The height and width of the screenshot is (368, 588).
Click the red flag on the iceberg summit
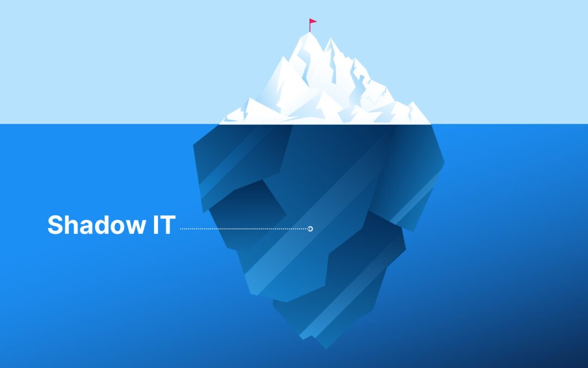pyautogui.click(x=313, y=22)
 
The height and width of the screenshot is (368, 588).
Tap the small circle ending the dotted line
pyautogui.click(x=310, y=229)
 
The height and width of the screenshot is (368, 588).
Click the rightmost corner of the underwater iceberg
pyautogui.click(x=444, y=163)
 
